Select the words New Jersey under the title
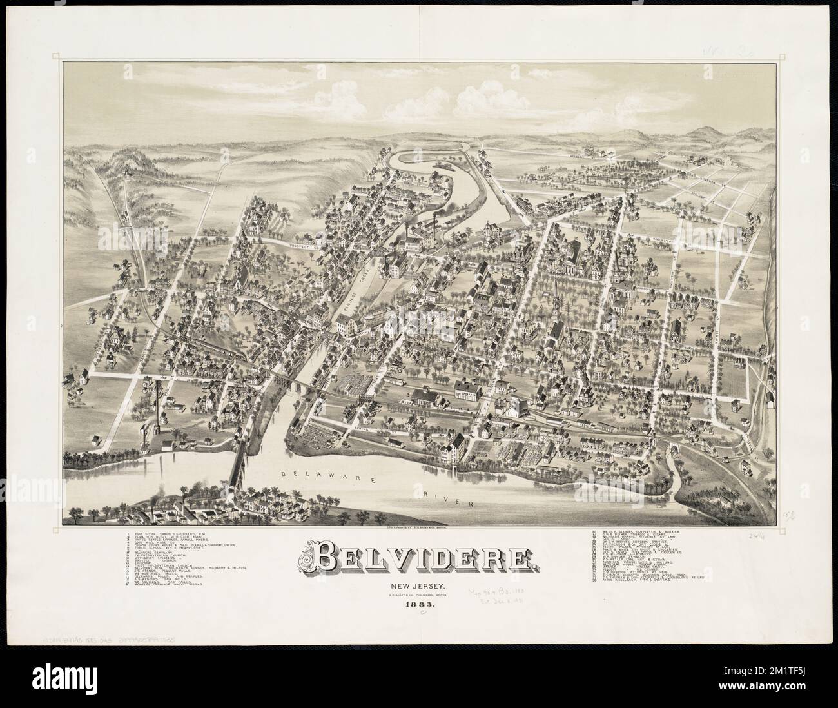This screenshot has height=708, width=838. [x=420, y=585]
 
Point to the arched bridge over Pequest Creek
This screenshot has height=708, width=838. [x=380, y=253]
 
